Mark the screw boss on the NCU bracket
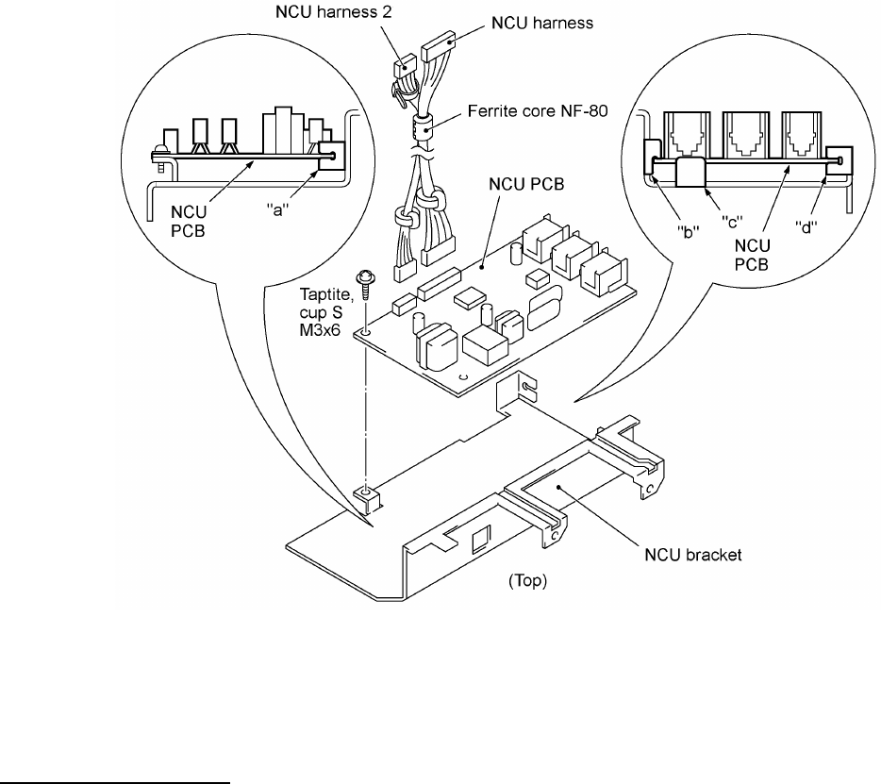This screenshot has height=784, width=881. coord(362,492)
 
